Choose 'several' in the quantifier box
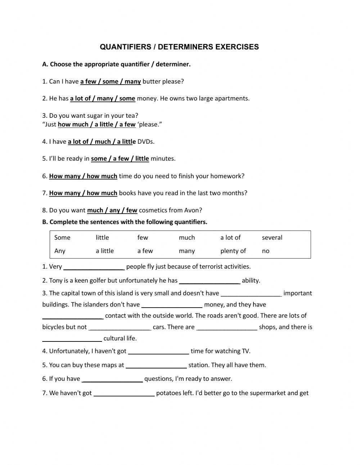(272, 237)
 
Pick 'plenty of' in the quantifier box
(233, 251)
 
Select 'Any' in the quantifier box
(60, 251)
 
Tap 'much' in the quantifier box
(186, 237)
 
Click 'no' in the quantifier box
(265, 251)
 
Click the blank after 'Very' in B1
(94, 267)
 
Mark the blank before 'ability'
(210, 281)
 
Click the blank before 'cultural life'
(72, 339)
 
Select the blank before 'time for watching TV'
(158, 352)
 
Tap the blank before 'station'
(156, 366)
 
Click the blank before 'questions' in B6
(112, 379)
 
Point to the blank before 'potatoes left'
(124, 394)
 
